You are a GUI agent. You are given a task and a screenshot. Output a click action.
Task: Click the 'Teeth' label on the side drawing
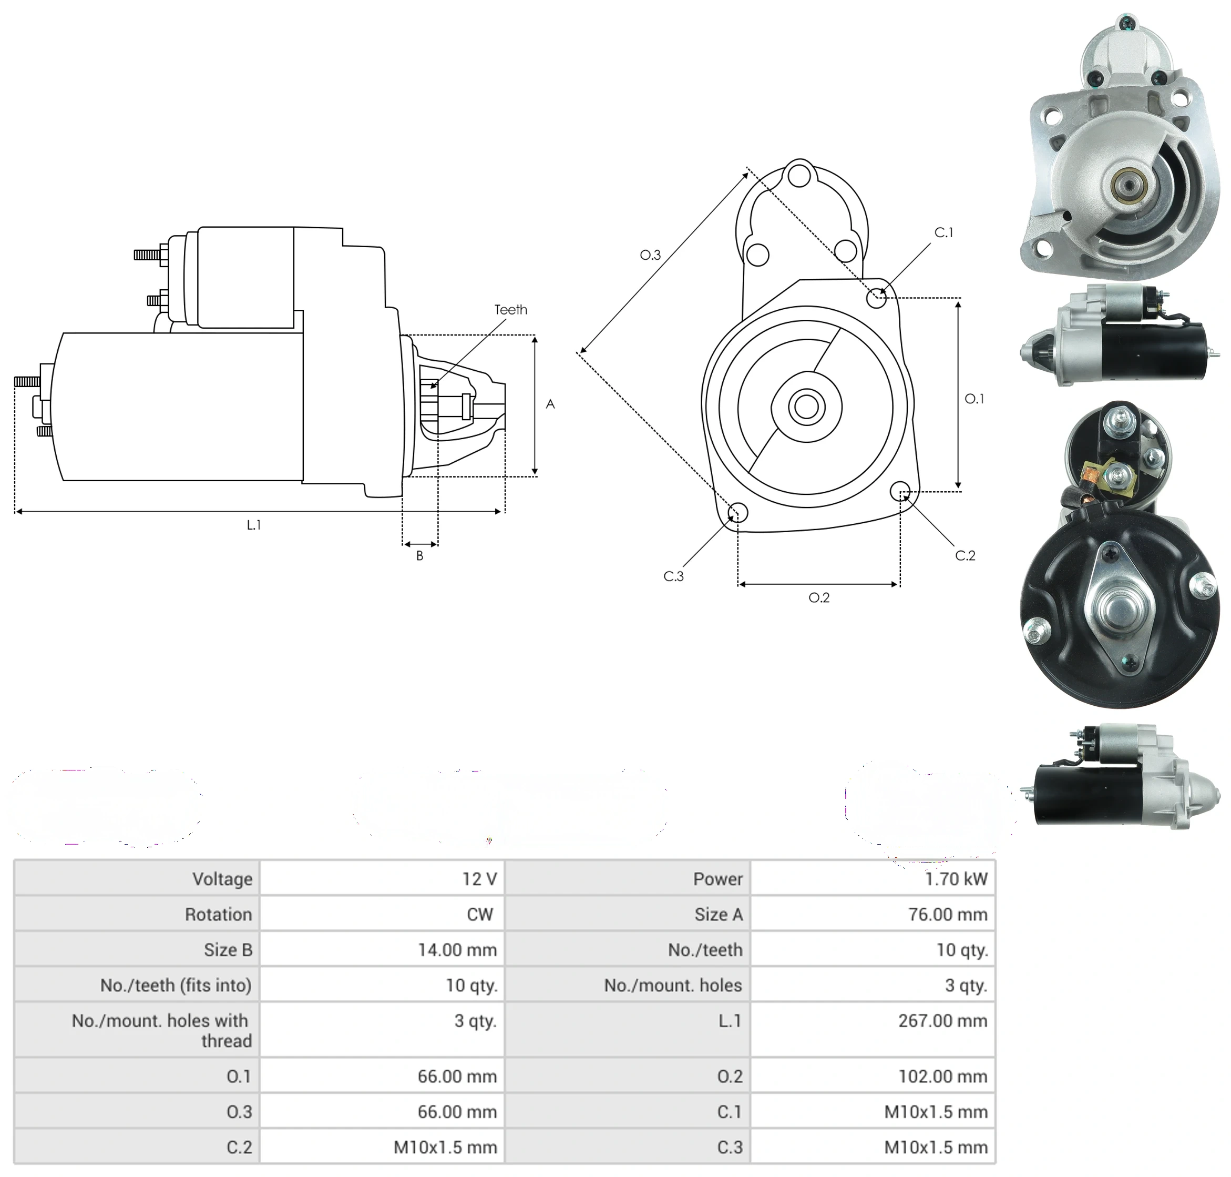(x=510, y=310)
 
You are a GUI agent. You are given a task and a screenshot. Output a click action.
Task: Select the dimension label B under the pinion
(x=419, y=556)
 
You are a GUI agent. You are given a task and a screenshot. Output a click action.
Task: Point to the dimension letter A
(x=550, y=404)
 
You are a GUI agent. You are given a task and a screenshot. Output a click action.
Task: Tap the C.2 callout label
(x=965, y=556)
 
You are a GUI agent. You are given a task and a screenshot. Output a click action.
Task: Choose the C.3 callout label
(x=673, y=576)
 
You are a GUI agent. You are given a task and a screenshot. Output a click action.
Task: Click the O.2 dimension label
(x=819, y=598)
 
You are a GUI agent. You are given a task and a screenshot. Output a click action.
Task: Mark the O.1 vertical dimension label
(x=974, y=399)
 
